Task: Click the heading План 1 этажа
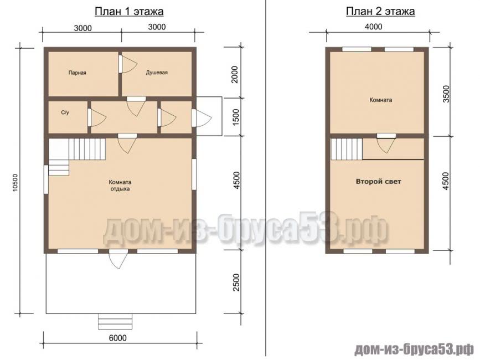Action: (129, 11)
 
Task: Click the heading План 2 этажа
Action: (380, 11)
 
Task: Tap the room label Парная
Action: (77, 73)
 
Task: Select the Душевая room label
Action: (157, 73)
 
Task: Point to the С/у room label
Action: (65, 112)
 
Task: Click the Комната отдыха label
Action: (120, 185)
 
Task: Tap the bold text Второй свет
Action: (378, 182)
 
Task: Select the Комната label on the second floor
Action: (380, 100)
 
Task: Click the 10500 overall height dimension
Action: (16, 183)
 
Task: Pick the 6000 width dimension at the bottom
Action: (118, 338)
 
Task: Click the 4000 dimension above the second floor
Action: (374, 27)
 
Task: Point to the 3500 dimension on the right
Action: (446, 94)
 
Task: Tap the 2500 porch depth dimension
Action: (236, 282)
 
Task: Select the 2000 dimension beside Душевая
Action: (235, 74)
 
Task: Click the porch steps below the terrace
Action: (116, 321)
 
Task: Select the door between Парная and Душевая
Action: (127, 64)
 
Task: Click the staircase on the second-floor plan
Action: (346, 149)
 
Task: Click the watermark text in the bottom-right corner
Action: (414, 349)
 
